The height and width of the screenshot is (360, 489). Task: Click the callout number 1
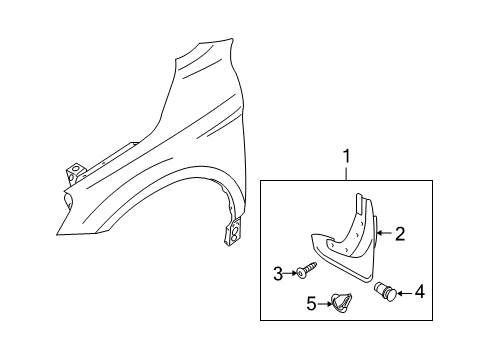pyautogui.click(x=347, y=156)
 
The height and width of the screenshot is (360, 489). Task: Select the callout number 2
pyautogui.click(x=400, y=234)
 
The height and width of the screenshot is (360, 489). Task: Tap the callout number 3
pyautogui.click(x=278, y=274)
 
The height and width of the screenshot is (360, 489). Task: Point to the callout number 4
pyautogui.click(x=420, y=292)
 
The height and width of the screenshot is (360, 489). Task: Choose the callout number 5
pyautogui.click(x=311, y=304)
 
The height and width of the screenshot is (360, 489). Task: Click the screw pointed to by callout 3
pyautogui.click(x=306, y=270)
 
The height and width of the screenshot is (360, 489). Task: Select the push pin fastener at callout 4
pyautogui.click(x=386, y=291)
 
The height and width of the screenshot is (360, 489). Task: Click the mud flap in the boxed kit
pyautogui.click(x=344, y=239)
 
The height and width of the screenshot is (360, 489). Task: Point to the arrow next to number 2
pyautogui.click(x=385, y=233)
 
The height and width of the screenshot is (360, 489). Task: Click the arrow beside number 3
pyautogui.click(x=290, y=273)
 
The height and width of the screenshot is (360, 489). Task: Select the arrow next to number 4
pyautogui.click(x=405, y=293)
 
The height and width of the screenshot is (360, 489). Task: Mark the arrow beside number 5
pyautogui.click(x=325, y=304)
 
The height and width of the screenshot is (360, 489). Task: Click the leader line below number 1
pyautogui.click(x=347, y=173)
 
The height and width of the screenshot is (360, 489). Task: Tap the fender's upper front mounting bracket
pyautogui.click(x=75, y=173)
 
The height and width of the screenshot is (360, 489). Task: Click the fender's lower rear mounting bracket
pyautogui.click(x=233, y=232)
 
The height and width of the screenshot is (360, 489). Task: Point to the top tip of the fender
pyautogui.click(x=231, y=39)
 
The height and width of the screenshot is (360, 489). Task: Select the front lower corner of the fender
pyautogui.click(x=57, y=235)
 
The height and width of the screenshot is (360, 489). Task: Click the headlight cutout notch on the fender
pyautogui.click(x=69, y=199)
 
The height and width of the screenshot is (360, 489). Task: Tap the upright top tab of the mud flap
pyautogui.click(x=359, y=203)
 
